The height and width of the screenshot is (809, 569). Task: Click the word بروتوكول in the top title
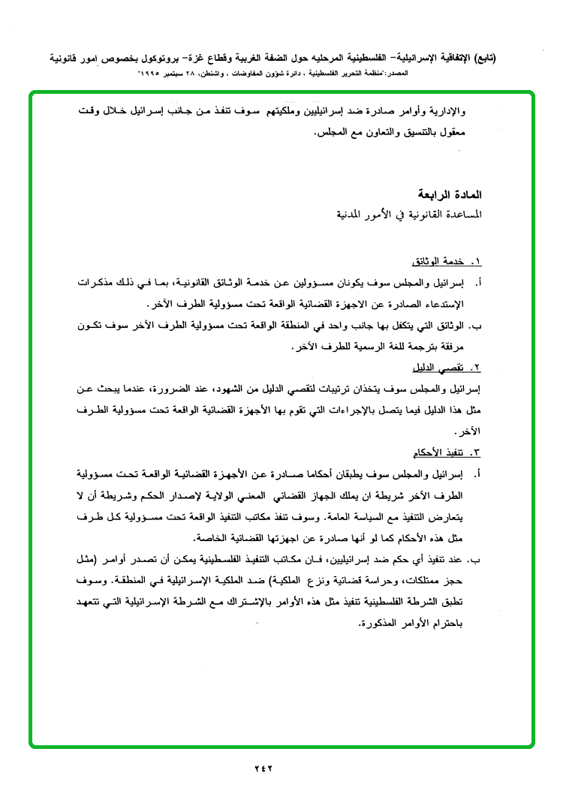pyautogui.click(x=151, y=58)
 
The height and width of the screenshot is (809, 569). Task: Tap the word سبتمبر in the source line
pyautogui.click(x=189, y=75)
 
